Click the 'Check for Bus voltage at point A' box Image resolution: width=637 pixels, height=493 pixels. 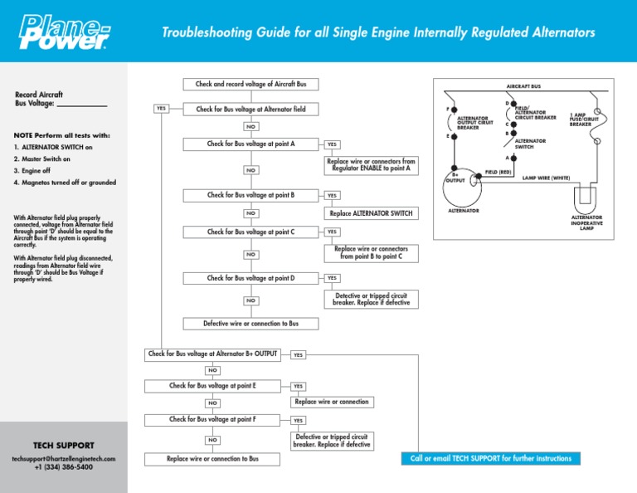click(x=250, y=144)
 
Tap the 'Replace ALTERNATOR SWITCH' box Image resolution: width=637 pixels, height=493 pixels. click(x=369, y=212)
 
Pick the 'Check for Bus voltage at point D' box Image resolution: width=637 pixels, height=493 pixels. click(x=250, y=278)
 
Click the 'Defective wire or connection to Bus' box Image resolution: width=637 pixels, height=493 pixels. click(x=250, y=324)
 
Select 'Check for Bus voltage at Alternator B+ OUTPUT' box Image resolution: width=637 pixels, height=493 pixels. click(x=212, y=354)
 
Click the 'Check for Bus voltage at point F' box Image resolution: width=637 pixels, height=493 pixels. click(x=212, y=420)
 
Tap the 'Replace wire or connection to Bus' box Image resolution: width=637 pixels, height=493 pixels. click(x=212, y=458)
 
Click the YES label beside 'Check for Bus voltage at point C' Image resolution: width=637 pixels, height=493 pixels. click(x=332, y=232)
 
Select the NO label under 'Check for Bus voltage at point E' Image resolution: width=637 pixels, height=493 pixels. click(x=212, y=403)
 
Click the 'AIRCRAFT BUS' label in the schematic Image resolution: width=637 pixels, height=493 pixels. click(x=523, y=85)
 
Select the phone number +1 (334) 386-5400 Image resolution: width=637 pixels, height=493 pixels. click(x=63, y=468)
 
